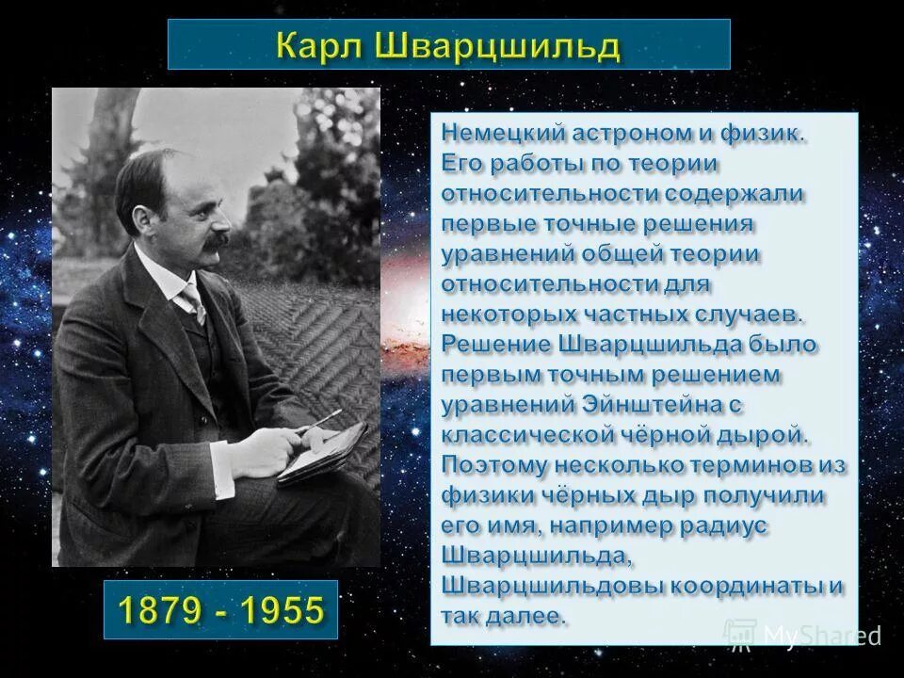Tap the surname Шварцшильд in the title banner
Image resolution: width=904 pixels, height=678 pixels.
point(496,44)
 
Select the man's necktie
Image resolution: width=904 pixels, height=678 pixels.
point(194,304)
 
